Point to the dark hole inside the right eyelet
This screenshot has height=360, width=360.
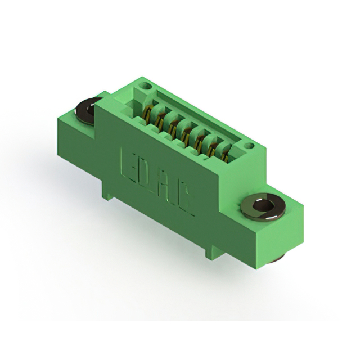click(x=262, y=206)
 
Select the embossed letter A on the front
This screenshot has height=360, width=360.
click(x=166, y=190)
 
